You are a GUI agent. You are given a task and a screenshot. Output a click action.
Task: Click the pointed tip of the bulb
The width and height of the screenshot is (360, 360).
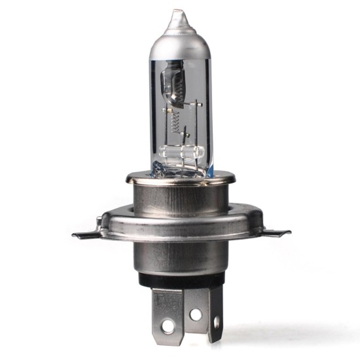pos(176,13)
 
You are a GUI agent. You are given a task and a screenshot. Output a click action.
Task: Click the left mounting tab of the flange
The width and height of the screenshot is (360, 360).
pos(85,233)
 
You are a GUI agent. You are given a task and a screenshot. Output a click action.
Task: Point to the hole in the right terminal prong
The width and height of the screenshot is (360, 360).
pos(217,322)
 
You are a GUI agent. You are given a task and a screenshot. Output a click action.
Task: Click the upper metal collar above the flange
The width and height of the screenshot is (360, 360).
pos(180,193)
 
